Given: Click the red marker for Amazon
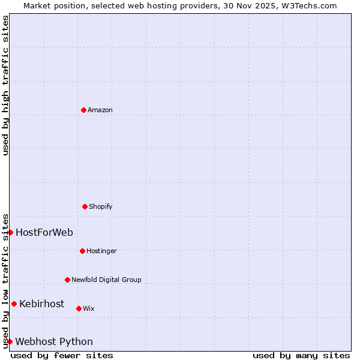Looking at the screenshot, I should [83, 110].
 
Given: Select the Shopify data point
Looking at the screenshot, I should [85, 206].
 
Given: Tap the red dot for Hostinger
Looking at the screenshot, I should [82, 251].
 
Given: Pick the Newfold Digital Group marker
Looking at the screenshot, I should [67, 280].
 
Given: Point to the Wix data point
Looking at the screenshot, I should [79, 308].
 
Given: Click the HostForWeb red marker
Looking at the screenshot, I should [10, 232].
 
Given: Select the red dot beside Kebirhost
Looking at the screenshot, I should [14, 304].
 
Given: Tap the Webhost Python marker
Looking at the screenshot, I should [10, 341].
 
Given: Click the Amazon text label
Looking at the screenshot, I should [100, 110].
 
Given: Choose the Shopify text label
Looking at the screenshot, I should [101, 206].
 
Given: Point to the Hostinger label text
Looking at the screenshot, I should [101, 251].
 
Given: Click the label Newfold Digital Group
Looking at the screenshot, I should [106, 280].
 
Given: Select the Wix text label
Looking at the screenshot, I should [89, 308].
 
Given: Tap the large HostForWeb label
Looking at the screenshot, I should [44, 232].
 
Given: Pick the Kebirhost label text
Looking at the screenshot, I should [41, 304].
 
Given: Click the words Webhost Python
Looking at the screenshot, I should [54, 341].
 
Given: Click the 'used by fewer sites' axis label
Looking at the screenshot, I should [62, 355].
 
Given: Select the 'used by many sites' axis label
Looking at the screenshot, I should [301, 355].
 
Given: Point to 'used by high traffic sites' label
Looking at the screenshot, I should [5, 85].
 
